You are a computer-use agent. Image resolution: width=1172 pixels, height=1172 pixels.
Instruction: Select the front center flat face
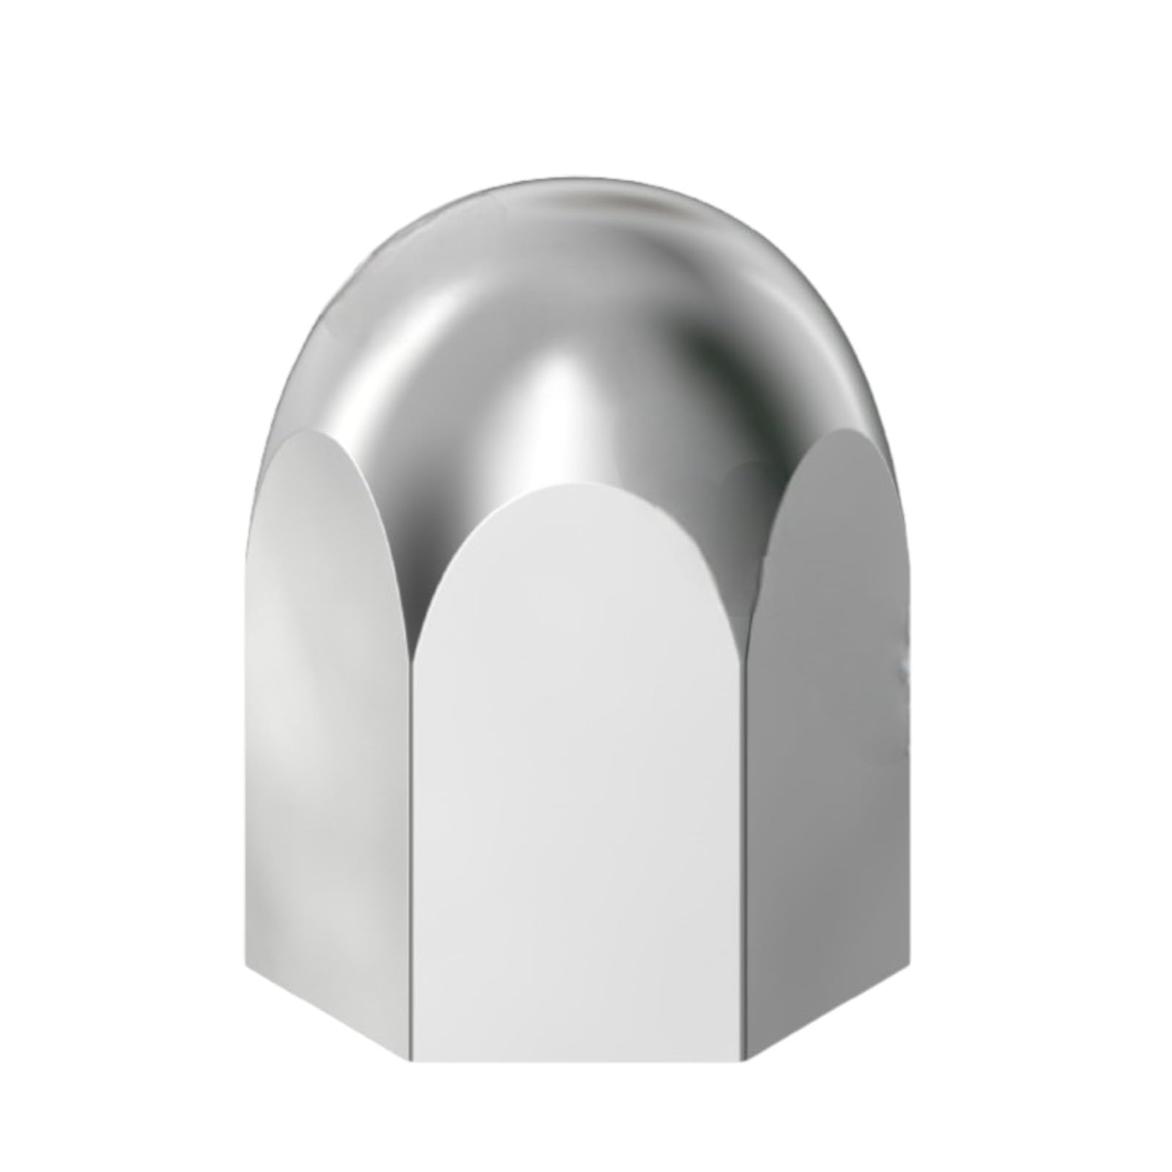point(579,806)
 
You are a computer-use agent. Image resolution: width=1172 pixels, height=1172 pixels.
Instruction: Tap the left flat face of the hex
point(330,732)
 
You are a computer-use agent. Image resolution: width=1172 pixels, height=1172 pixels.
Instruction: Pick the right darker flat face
point(828,732)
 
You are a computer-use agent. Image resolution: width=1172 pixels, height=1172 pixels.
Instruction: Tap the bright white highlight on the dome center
point(564,410)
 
